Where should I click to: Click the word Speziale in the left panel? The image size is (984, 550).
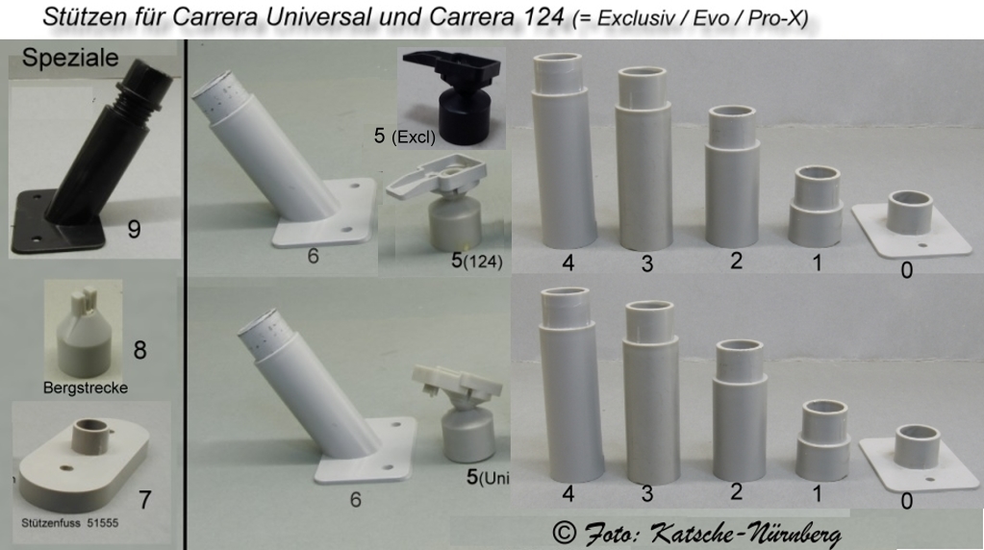tap(70, 58)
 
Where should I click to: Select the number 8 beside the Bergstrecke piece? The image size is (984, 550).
tap(139, 350)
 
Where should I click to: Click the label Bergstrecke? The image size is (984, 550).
tap(86, 387)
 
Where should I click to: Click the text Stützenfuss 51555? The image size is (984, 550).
tap(69, 522)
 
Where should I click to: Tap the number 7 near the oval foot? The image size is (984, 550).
tap(145, 500)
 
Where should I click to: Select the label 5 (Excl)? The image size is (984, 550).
tap(405, 137)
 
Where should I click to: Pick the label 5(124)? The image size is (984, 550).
tap(477, 261)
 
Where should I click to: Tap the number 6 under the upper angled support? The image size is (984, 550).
tap(314, 256)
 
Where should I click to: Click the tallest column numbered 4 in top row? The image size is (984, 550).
tap(565, 151)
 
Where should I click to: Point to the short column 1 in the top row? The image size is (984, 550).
tap(815, 207)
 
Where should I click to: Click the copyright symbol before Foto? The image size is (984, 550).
tap(565, 533)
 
